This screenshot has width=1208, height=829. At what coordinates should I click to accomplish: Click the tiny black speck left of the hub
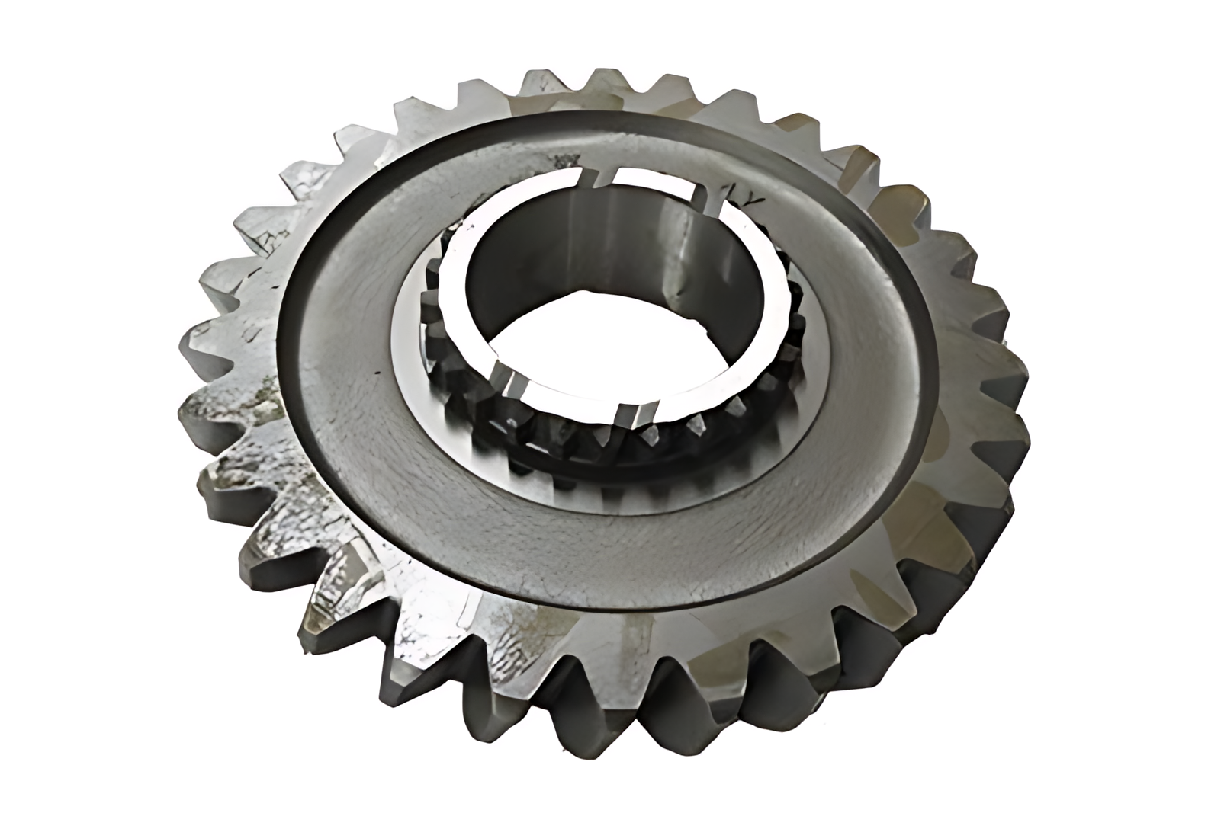375,373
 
